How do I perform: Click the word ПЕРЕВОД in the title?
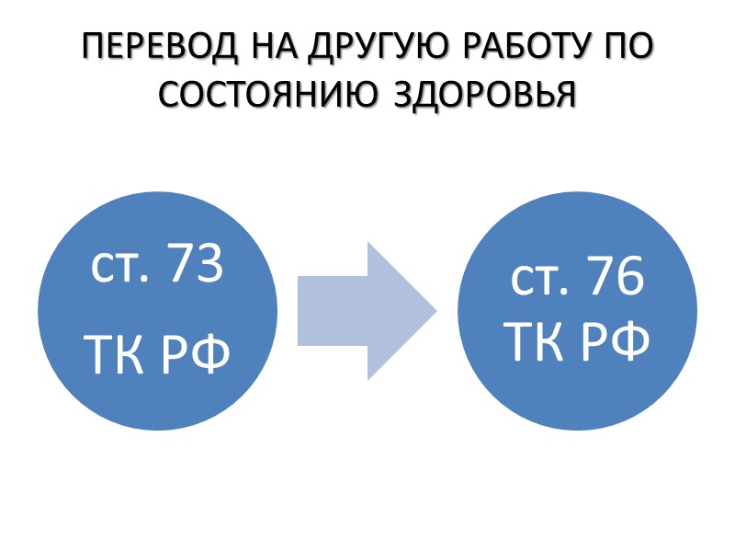[x=153, y=49]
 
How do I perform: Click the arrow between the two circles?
[x=366, y=311]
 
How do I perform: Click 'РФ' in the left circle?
[x=195, y=355]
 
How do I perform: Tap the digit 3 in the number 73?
[x=209, y=268]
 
